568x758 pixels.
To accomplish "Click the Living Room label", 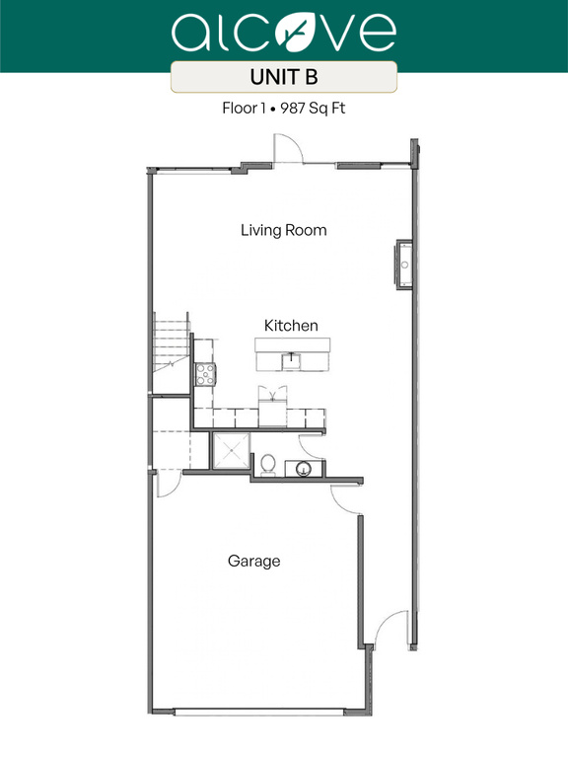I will point(283,230).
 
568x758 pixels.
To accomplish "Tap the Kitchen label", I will point(291,325).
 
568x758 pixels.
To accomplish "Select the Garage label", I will point(254,561).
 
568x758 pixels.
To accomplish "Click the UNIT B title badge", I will point(284,77).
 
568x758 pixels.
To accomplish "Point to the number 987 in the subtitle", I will point(294,109).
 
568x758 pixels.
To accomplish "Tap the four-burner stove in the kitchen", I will point(206,373).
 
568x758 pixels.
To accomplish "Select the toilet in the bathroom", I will point(266,463).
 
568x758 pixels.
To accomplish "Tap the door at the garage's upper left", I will point(166,483).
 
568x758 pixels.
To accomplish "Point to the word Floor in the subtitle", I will point(240,109).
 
